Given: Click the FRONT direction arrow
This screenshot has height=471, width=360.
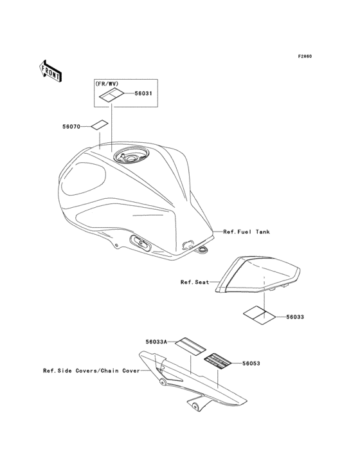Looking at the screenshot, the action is (50, 71).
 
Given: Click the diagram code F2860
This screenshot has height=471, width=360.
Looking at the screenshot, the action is (305, 57).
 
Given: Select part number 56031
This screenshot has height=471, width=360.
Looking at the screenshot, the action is (143, 93).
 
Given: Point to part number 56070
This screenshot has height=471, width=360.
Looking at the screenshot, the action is (71, 127).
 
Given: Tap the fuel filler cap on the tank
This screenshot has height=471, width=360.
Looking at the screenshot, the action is (130, 156).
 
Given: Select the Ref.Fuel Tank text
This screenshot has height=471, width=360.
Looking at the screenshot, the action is (246, 232).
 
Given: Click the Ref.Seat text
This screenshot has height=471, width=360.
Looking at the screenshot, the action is (195, 282).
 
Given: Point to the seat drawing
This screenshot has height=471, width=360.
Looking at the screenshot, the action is (258, 275).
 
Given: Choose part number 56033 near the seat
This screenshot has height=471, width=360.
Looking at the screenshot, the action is (295, 317).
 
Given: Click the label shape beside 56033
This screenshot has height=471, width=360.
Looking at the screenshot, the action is (259, 315).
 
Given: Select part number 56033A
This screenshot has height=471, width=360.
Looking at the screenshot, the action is (156, 342).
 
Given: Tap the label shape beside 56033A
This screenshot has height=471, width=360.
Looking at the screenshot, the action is (191, 346).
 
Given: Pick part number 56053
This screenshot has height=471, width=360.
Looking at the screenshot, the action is (251, 364).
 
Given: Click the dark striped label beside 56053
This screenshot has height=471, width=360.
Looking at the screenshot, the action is (218, 361).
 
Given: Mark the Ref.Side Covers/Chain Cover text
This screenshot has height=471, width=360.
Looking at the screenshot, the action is (91, 371).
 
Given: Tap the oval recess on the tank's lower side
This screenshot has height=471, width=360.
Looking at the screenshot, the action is (139, 243).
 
